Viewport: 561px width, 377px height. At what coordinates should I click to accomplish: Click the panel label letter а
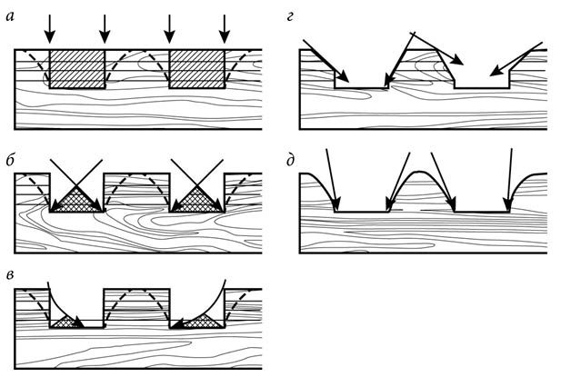click(10, 16)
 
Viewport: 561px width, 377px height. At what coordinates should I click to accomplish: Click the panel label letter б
click(10, 161)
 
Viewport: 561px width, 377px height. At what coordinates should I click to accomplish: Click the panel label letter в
click(11, 274)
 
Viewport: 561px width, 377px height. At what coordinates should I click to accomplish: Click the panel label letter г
click(290, 16)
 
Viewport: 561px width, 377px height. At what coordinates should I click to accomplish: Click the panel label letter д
click(291, 161)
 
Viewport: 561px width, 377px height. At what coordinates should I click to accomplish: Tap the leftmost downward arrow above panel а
click(50, 28)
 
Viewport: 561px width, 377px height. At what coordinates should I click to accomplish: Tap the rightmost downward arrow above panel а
click(225, 28)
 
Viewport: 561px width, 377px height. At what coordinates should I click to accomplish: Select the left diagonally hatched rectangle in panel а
click(77, 69)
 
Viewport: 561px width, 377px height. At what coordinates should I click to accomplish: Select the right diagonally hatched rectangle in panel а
click(196, 69)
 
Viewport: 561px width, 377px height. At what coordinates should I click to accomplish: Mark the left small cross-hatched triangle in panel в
click(66, 322)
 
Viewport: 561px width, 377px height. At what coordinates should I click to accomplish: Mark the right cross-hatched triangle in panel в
click(202, 322)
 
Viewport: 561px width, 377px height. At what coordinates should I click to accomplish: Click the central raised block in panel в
click(136, 307)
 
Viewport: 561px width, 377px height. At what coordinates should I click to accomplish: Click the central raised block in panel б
click(136, 193)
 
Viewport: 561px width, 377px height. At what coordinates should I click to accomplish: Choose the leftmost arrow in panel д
click(332, 180)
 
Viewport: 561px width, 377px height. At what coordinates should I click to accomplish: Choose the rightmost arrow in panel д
click(509, 180)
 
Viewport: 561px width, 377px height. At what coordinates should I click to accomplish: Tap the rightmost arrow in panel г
click(516, 59)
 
